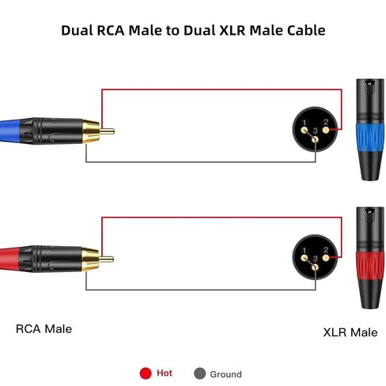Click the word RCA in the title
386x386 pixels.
pos(111,30)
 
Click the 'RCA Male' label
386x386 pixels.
pos(44,329)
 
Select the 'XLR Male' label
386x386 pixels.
pos(350,332)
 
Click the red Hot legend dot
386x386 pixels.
pos(146,373)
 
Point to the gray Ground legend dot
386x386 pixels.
pos(199,373)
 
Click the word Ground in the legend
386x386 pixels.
pos(225,374)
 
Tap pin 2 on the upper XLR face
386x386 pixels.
pos(326,130)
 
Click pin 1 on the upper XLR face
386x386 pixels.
pos(305,130)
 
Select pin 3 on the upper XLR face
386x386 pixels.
pos(315,139)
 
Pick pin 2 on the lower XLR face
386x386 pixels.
pos(326,258)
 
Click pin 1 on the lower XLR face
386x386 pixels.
pos(305,258)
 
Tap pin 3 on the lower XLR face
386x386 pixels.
pos(315,267)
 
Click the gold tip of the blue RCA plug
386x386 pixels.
pos(107,131)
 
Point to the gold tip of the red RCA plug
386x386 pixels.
pos(107,259)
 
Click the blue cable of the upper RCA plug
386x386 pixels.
pos(10,131)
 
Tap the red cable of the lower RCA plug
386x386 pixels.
pos(9,259)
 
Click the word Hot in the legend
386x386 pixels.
pos(165,373)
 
